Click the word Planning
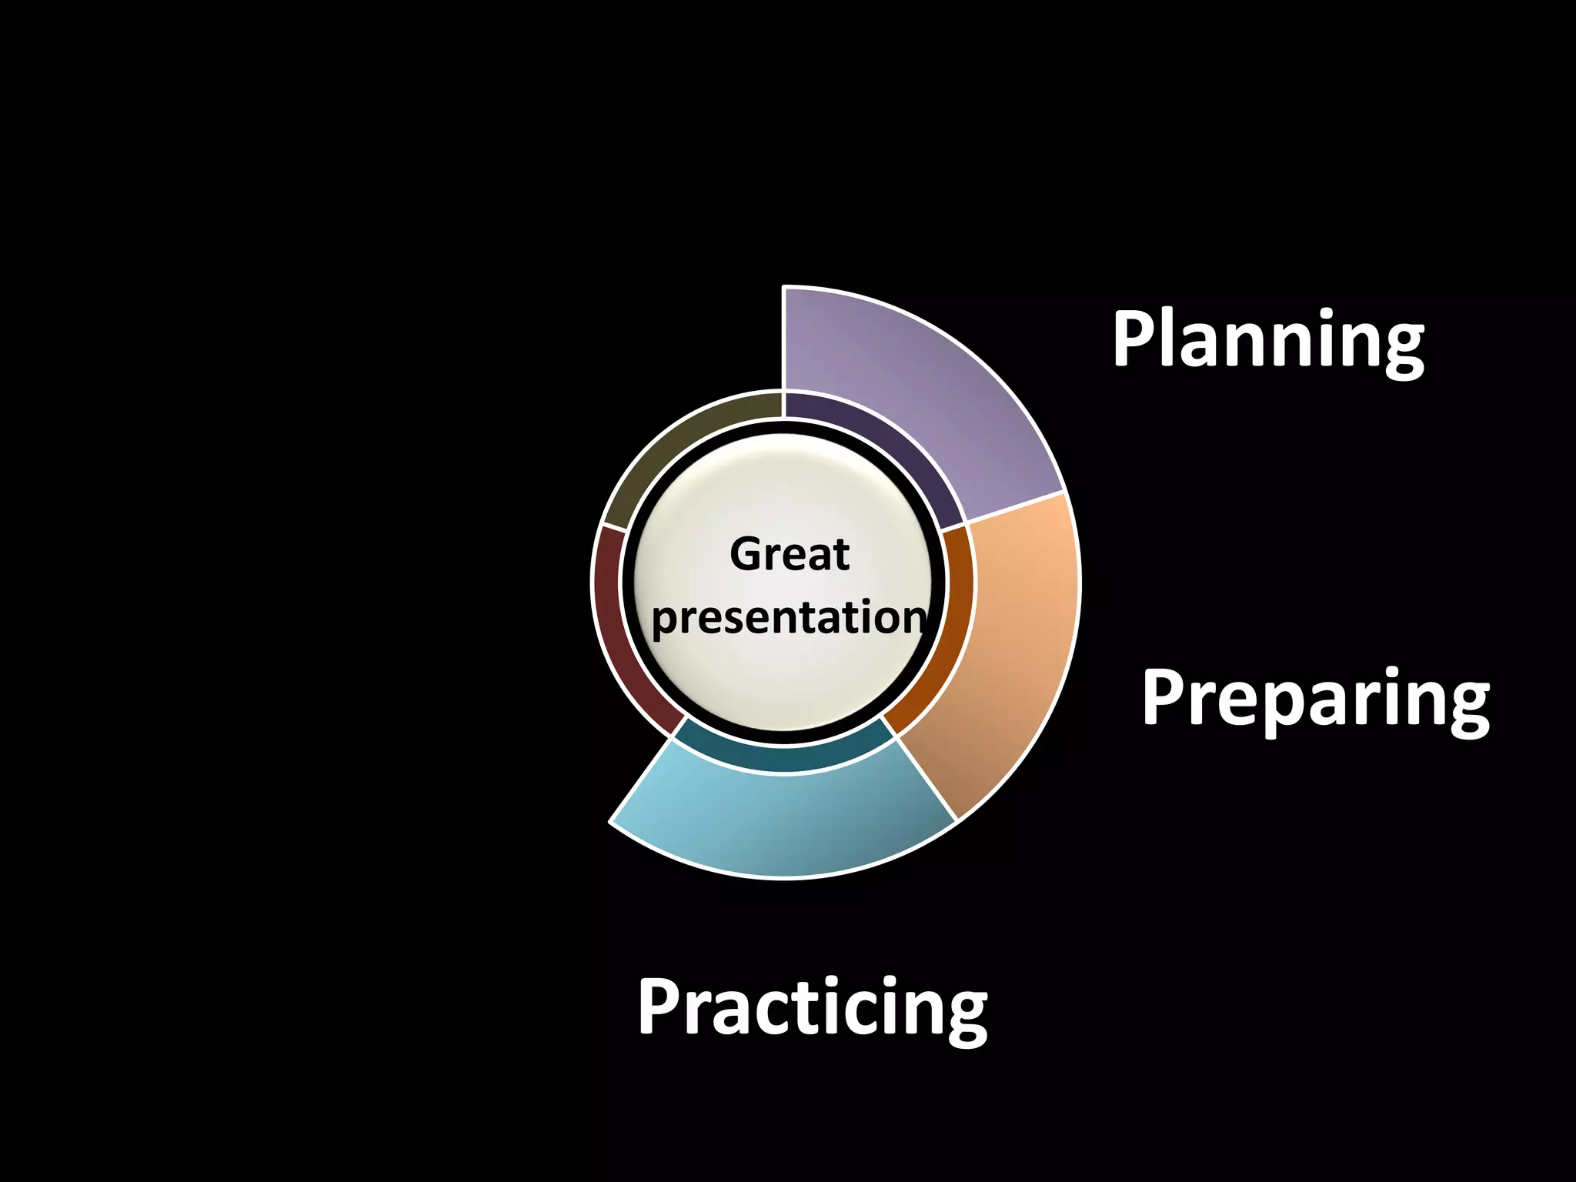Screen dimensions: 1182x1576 tap(1267, 340)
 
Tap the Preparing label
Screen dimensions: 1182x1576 tap(1315, 699)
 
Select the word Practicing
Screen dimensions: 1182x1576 tap(812, 1008)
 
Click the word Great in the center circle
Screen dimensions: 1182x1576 tap(789, 554)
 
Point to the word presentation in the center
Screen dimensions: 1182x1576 tap(789, 618)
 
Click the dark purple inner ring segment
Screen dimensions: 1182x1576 tap(885, 446)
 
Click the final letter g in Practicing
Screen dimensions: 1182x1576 tap(964, 1017)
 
